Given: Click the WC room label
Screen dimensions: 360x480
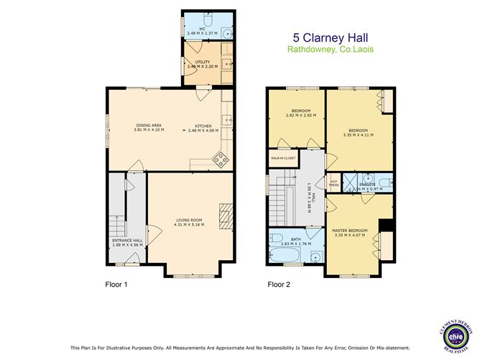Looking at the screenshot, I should pyautogui.click(x=202, y=29).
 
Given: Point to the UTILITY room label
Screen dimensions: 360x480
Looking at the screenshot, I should pyautogui.click(x=203, y=62).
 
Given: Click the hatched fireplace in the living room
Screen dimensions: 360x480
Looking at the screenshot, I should pyautogui.click(x=226, y=215).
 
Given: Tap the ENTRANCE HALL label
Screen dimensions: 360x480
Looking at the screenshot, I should pyautogui.click(x=126, y=240).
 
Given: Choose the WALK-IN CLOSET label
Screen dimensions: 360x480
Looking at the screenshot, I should pyautogui.click(x=283, y=158).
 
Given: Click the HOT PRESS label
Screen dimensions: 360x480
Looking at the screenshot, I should pyautogui.click(x=333, y=183).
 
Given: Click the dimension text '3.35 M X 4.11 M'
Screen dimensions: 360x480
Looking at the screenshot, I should pyautogui.click(x=359, y=135).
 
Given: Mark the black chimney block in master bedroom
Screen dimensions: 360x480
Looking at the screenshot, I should pyautogui.click(x=386, y=225).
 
